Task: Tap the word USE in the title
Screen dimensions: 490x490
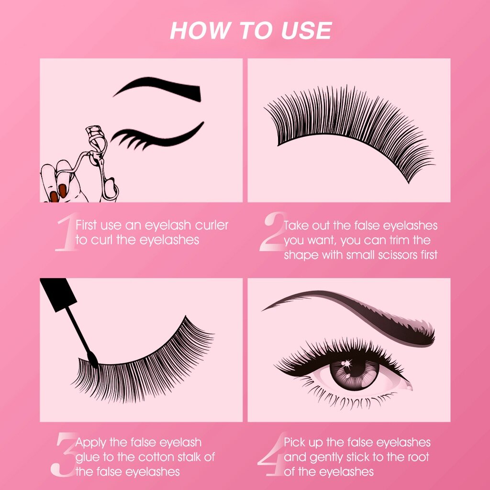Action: [306, 31]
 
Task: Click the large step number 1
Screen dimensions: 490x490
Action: [66, 231]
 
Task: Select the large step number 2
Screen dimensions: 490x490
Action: [272, 231]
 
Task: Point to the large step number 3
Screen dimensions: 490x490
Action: [64, 455]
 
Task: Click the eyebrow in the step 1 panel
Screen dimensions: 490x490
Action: [157, 89]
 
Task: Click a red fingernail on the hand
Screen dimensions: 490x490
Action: [63, 190]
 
